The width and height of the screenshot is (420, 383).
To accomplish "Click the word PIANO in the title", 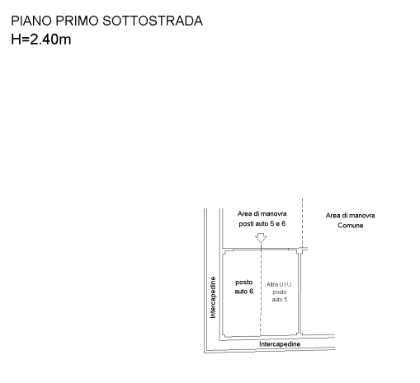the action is pos(31,21).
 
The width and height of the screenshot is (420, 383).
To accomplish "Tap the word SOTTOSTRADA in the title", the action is pos(153,21).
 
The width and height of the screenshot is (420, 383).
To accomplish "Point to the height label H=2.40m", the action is pos(41,39).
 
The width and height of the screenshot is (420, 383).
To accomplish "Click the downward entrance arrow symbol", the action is pos(261,238).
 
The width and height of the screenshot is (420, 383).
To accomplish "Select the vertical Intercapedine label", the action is pos(213,297).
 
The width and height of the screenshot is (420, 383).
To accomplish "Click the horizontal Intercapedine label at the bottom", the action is pos(280,344).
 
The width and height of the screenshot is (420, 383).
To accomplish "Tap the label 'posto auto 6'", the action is pos(244,287).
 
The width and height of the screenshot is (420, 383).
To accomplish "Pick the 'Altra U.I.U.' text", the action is pos(280,284).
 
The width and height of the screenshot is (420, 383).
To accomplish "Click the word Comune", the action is pos(351,226).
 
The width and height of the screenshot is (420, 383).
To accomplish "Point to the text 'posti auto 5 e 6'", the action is pos(262,224).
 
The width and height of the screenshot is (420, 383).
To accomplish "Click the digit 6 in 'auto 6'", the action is pos(251,292).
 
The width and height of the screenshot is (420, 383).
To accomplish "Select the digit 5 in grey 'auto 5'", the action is pos(286,299).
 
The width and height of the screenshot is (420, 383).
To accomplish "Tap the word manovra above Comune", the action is pos(362,216).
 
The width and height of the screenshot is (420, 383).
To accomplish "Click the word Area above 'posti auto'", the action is pos(244,213).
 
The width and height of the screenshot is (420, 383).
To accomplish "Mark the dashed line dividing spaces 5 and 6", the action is pos(261,292).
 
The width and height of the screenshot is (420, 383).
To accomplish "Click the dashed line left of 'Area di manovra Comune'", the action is pos(303,223).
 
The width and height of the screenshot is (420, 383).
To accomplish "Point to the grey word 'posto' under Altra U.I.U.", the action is pos(280,292).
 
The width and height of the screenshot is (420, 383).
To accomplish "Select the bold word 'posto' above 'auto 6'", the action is pos(244,283).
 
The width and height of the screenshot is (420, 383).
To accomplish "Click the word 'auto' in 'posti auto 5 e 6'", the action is pos(261,224).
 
